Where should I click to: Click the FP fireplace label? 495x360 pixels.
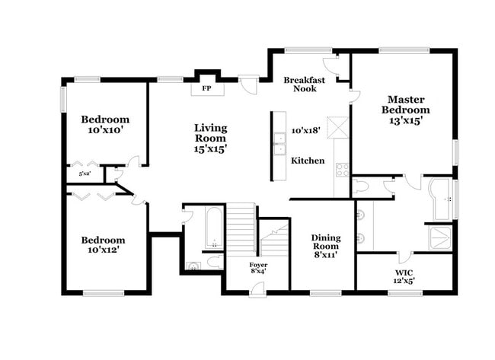[x=206, y=88]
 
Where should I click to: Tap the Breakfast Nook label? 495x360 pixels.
[x=305, y=84]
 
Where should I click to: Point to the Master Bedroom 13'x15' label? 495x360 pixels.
[x=405, y=110]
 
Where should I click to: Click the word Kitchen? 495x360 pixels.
[x=308, y=161]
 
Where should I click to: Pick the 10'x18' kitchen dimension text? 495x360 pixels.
[x=306, y=130]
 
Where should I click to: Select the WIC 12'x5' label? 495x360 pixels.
[x=404, y=276]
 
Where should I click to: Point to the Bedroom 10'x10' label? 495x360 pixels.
[x=105, y=125]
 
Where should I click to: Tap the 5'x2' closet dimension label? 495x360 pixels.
[x=84, y=174]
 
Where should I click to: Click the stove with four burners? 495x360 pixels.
[x=341, y=170]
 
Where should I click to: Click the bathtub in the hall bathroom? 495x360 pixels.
[x=212, y=229]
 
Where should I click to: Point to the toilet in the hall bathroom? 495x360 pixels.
[x=214, y=263]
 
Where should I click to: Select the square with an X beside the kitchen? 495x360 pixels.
[x=337, y=127]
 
